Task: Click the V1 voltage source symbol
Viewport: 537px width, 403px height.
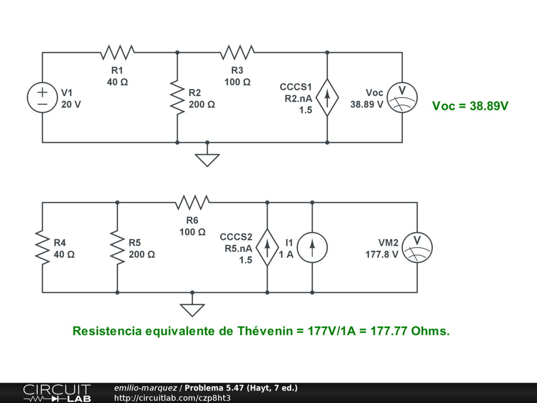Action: (42, 98)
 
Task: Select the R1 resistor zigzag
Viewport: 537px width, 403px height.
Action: (117, 52)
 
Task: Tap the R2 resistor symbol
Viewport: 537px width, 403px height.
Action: (177, 98)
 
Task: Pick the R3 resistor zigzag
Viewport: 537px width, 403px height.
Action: (238, 52)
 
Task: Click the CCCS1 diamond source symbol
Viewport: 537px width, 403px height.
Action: (327, 98)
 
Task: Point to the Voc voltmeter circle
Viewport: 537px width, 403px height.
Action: (402, 98)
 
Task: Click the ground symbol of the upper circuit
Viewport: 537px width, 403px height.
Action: (207, 158)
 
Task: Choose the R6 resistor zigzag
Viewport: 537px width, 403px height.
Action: (192, 202)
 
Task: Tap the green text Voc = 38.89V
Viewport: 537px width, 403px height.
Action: (470, 106)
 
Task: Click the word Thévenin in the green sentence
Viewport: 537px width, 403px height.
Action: (266, 332)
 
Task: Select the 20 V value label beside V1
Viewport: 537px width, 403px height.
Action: (71, 104)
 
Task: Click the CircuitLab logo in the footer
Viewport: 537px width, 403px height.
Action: (57, 393)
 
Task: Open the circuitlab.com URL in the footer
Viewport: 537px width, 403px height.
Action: (173, 398)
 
